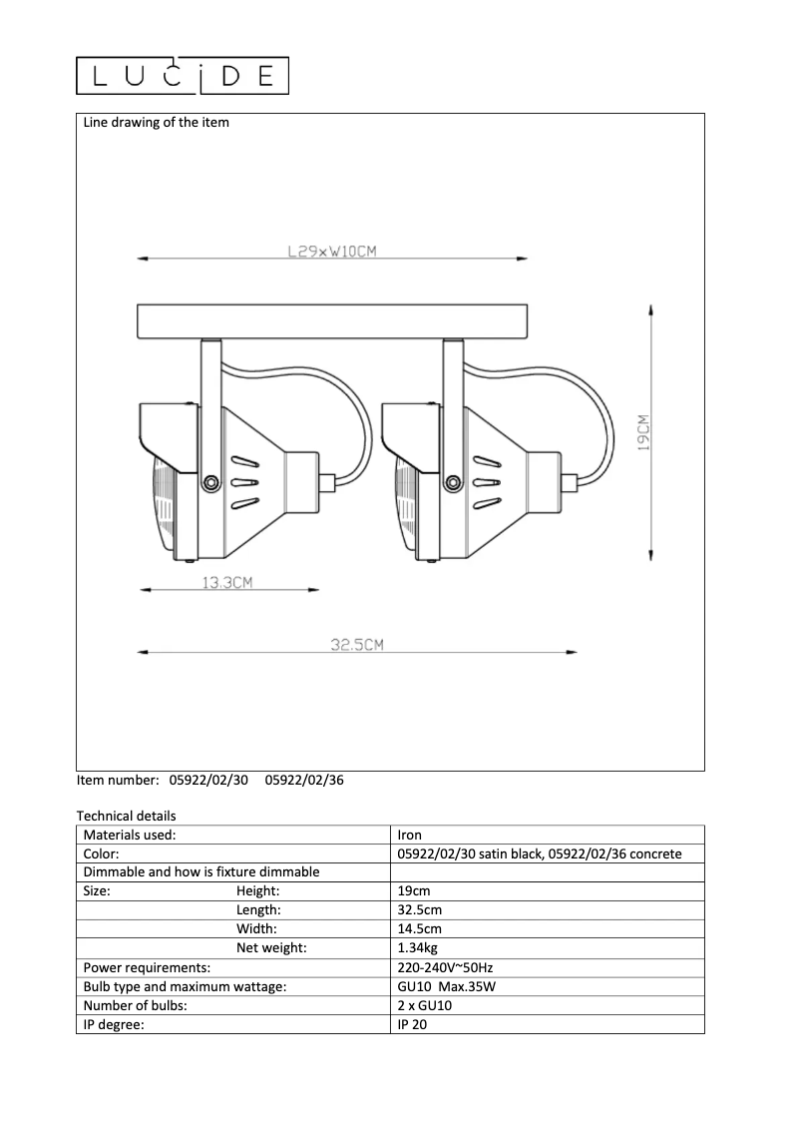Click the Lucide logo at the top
183,76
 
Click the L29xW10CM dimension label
331,253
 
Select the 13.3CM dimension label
227,583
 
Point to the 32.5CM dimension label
357,646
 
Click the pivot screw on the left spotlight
209,483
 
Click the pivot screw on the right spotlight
451,483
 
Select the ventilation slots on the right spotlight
486,483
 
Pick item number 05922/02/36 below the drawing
304,781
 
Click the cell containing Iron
409,836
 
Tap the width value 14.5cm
419,929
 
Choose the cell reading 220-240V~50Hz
445,967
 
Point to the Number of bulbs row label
136,1005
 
